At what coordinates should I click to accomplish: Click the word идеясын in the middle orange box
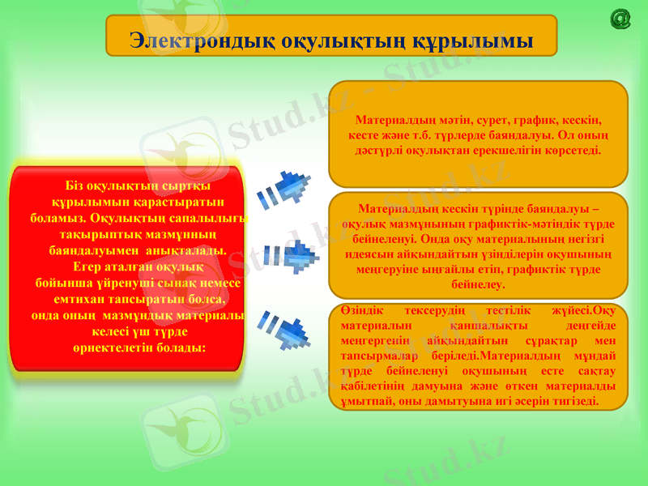(x=364, y=254)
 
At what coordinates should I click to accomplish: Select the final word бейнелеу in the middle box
(x=479, y=285)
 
